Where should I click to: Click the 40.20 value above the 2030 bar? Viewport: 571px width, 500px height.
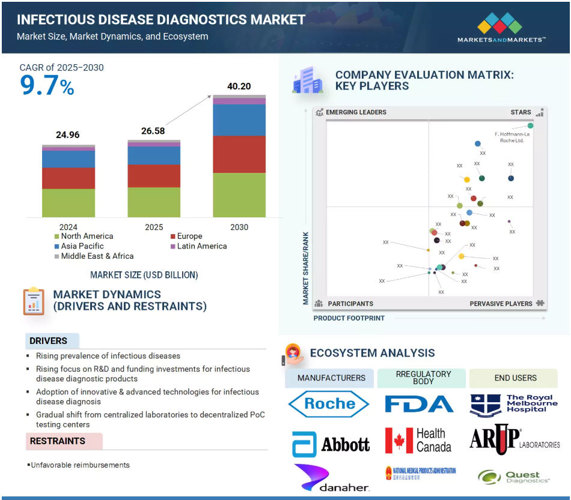pyautogui.click(x=239, y=86)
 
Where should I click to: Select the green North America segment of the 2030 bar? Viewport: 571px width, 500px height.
pyautogui.click(x=239, y=195)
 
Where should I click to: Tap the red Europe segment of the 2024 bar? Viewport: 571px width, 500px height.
pyautogui.click(x=69, y=178)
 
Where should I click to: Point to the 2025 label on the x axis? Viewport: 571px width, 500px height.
pyautogui.click(x=154, y=227)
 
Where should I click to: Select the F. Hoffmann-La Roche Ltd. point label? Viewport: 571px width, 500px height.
pyautogui.click(x=511, y=137)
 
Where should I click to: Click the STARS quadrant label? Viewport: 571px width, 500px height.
pyautogui.click(x=521, y=112)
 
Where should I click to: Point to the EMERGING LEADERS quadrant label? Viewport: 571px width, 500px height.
pyautogui.click(x=356, y=112)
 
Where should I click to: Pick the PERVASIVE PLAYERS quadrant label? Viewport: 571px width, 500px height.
pyautogui.click(x=501, y=304)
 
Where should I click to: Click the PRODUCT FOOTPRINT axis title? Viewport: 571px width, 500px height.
pyautogui.click(x=349, y=318)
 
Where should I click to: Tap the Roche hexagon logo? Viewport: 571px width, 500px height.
pyautogui.click(x=329, y=404)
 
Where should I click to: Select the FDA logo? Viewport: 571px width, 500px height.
pyautogui.click(x=419, y=404)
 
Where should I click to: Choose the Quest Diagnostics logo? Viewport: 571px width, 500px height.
pyautogui.click(x=514, y=477)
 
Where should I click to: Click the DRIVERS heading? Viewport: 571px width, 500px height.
pyautogui.click(x=48, y=341)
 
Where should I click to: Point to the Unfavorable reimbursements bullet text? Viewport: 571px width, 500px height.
pyautogui.click(x=81, y=465)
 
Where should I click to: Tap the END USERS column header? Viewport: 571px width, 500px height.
pyautogui.click(x=515, y=378)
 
